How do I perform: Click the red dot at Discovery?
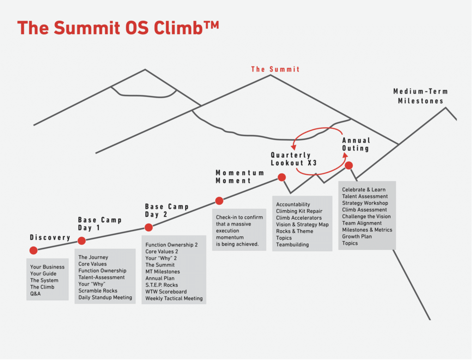coord(33,250)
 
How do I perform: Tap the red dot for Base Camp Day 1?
coord(81,240)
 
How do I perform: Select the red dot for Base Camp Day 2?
coord(148,228)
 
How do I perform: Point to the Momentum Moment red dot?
coord(219,200)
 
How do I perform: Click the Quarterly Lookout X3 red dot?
coord(282,177)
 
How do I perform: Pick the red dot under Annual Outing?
coord(349,165)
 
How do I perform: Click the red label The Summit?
coord(275,69)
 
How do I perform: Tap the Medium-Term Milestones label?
coord(420,96)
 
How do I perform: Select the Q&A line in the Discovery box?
coord(35,294)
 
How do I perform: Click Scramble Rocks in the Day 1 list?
coord(98,291)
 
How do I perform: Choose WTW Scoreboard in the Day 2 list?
coord(166,292)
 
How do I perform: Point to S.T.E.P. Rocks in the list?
coord(162,285)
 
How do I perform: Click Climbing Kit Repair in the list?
coord(299,211)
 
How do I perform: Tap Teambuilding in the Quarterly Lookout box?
coord(292,245)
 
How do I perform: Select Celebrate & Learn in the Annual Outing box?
coord(364,190)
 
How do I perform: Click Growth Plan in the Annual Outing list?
coord(357,236)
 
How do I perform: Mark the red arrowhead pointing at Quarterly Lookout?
coord(293,147)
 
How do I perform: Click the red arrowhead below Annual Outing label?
coord(346,156)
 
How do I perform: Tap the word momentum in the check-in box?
coord(230,237)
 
